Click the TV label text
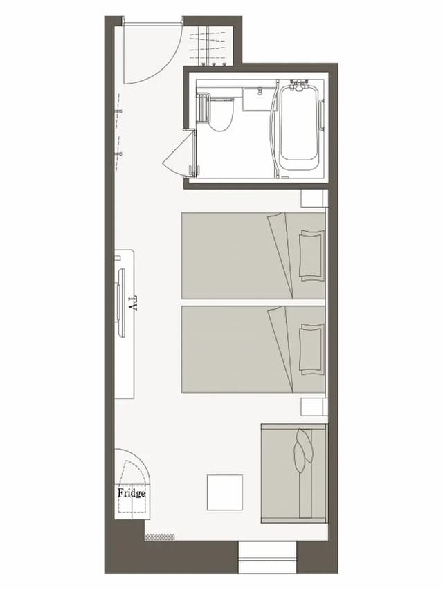tap(132, 302)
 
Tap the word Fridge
tap(132, 493)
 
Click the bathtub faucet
tap(299, 85)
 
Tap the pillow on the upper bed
tap(311, 255)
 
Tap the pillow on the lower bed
tap(311, 349)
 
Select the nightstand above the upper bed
tap(314, 199)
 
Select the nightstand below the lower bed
tap(314, 407)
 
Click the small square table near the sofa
tap(224, 492)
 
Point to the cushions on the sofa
tap(303, 450)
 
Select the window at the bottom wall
tap(267, 557)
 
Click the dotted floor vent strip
tap(160, 537)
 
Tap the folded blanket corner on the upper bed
tap(280, 256)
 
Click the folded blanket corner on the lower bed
tap(280, 349)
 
